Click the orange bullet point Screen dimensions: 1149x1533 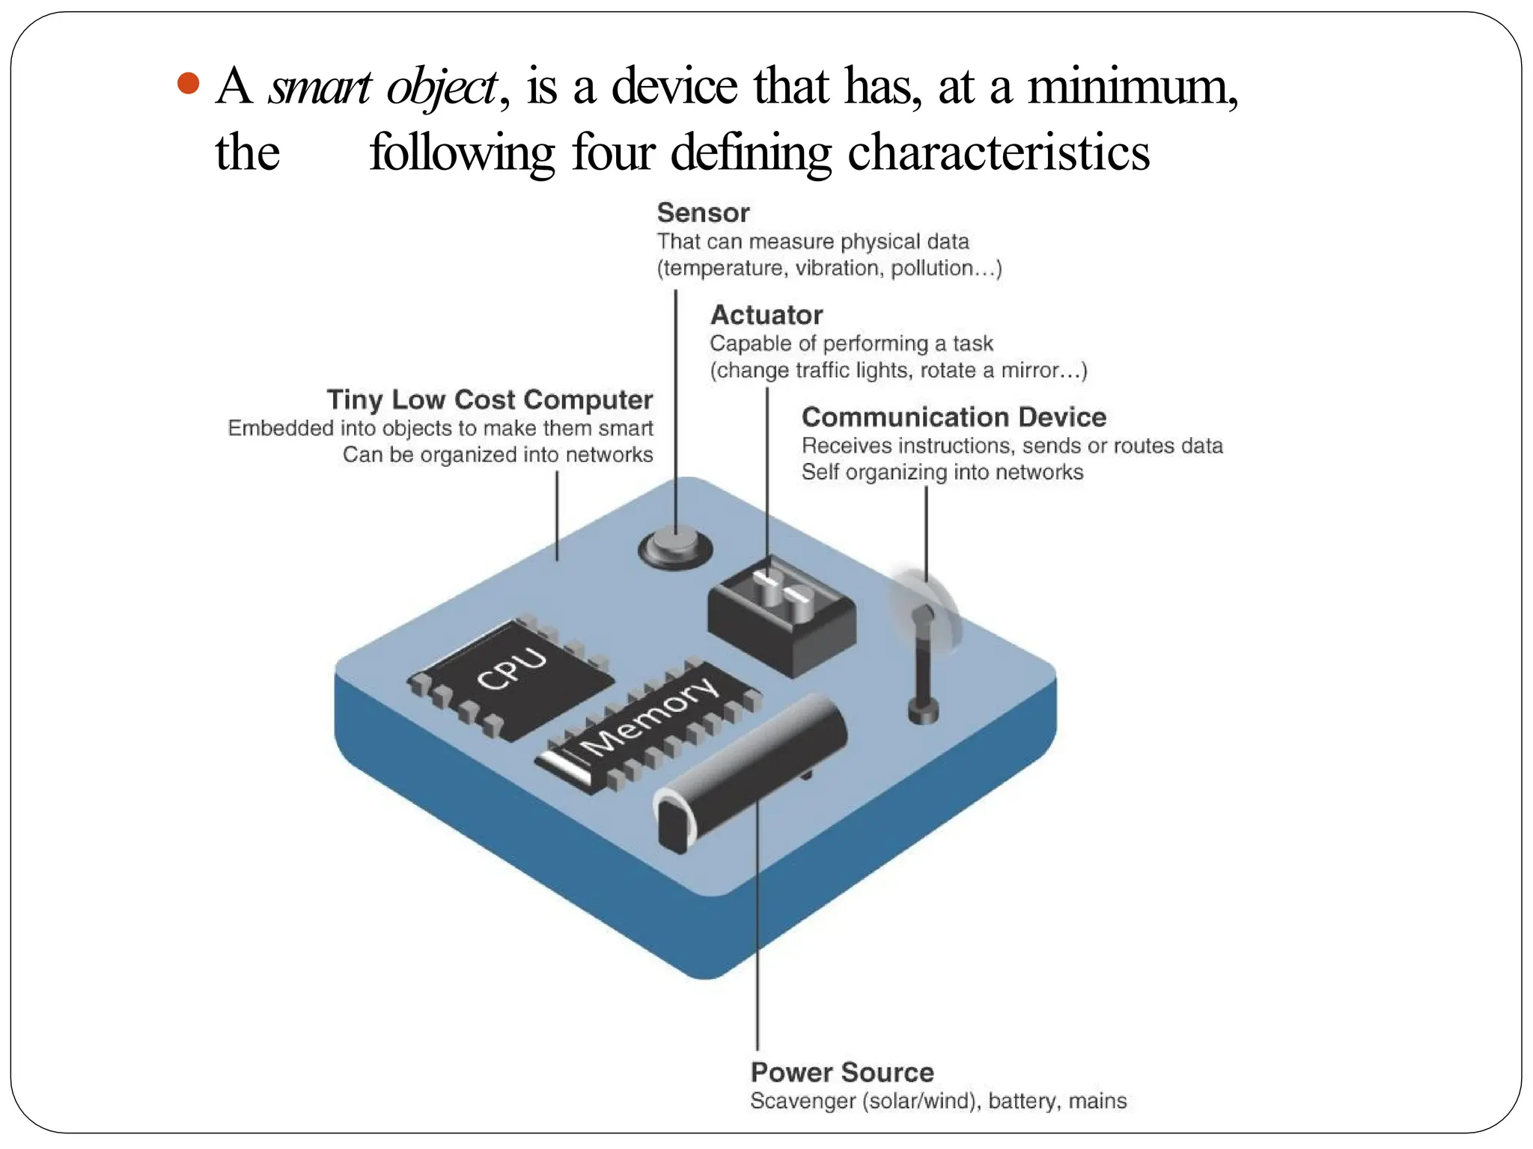(x=189, y=83)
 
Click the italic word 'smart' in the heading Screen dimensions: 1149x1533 (x=320, y=87)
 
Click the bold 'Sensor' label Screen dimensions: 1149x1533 (x=703, y=213)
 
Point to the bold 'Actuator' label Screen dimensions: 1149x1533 (x=766, y=315)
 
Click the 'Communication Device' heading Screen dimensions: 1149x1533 (x=954, y=417)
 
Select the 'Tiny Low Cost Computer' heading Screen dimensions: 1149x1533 (x=490, y=399)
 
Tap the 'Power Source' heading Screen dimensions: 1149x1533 (x=842, y=1072)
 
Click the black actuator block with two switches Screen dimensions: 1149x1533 (x=781, y=617)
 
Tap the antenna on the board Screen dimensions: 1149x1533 (x=924, y=666)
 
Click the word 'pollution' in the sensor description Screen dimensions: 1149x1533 (x=930, y=268)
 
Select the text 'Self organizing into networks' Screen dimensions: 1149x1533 (x=942, y=472)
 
